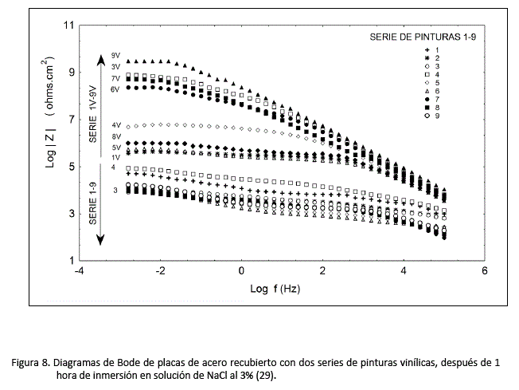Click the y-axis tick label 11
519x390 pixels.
68,26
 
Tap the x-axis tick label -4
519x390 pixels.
78,271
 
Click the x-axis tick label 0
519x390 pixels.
241,271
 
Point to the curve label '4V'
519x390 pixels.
116,125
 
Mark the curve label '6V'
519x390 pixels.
115,90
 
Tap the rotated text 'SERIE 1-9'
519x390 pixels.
92,203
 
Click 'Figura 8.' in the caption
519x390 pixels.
31,361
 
